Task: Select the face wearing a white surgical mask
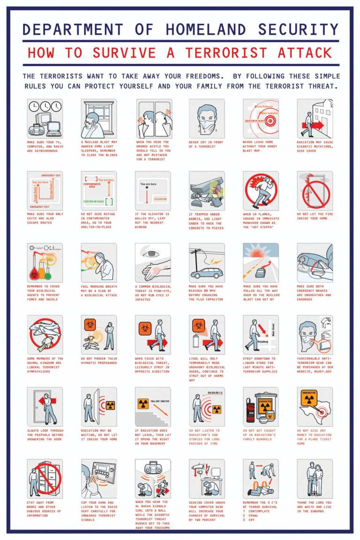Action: tap(207, 118)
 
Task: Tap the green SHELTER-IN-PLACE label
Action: tap(94, 201)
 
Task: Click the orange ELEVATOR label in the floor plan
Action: tap(160, 199)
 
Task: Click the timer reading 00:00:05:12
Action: tap(215, 392)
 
